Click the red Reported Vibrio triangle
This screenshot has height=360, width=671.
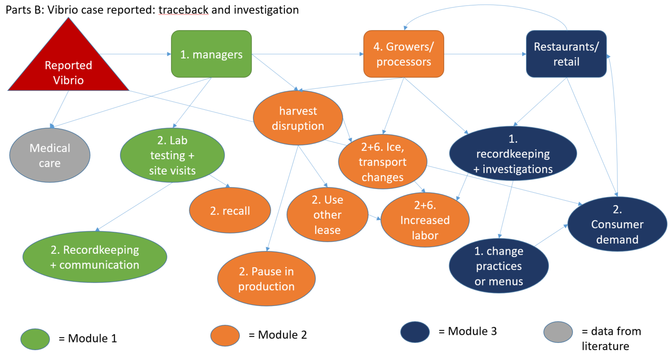coord(68,67)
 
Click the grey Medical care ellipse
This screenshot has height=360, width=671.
coord(50,155)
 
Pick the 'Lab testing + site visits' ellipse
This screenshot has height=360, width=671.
coord(172,155)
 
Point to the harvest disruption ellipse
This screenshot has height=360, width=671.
coord(298,118)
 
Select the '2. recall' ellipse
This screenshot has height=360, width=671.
coord(230,211)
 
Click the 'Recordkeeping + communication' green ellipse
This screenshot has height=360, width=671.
coord(95,256)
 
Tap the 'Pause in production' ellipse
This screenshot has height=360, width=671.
coord(266,279)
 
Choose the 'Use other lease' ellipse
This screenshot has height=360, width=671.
coord(327,215)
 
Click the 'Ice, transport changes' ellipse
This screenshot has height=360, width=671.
coord(382,162)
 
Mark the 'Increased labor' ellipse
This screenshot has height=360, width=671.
coord(425,220)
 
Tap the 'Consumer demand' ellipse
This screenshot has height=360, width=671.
coord(617,225)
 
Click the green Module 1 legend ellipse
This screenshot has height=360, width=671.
coord(35,339)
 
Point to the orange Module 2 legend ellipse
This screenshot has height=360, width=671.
coord(225,335)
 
